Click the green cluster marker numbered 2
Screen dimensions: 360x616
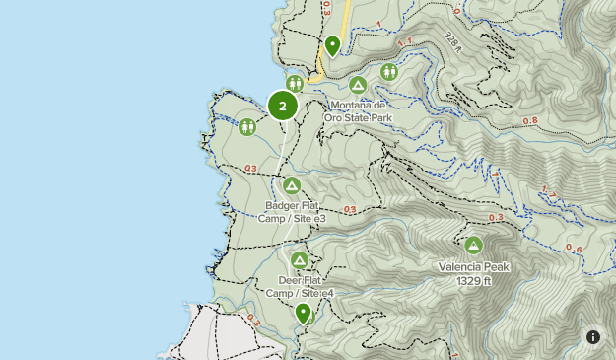pos(283,106)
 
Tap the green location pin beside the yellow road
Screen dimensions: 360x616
pos(333,45)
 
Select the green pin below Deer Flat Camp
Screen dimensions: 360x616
pos(304,314)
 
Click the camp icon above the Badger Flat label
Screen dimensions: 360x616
pos(291,185)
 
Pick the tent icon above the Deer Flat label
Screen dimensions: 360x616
pos(299,260)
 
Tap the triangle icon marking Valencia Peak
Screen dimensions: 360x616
pos(473,246)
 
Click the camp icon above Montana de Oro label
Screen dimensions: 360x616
pos(358,86)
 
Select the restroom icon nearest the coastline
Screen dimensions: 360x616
pos(246,126)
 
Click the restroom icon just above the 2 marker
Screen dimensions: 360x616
pos(295,83)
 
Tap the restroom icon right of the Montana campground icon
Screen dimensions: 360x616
pos(389,71)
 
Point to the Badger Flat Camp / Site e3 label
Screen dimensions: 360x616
pos(292,212)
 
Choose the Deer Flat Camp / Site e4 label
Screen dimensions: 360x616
pos(300,287)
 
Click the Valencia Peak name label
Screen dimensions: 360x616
pos(473,266)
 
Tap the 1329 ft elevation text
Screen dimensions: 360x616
pos(473,280)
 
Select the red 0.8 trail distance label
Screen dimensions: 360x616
pos(530,121)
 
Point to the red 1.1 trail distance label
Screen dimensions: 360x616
pos(405,42)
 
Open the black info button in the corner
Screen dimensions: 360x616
pos(593,337)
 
